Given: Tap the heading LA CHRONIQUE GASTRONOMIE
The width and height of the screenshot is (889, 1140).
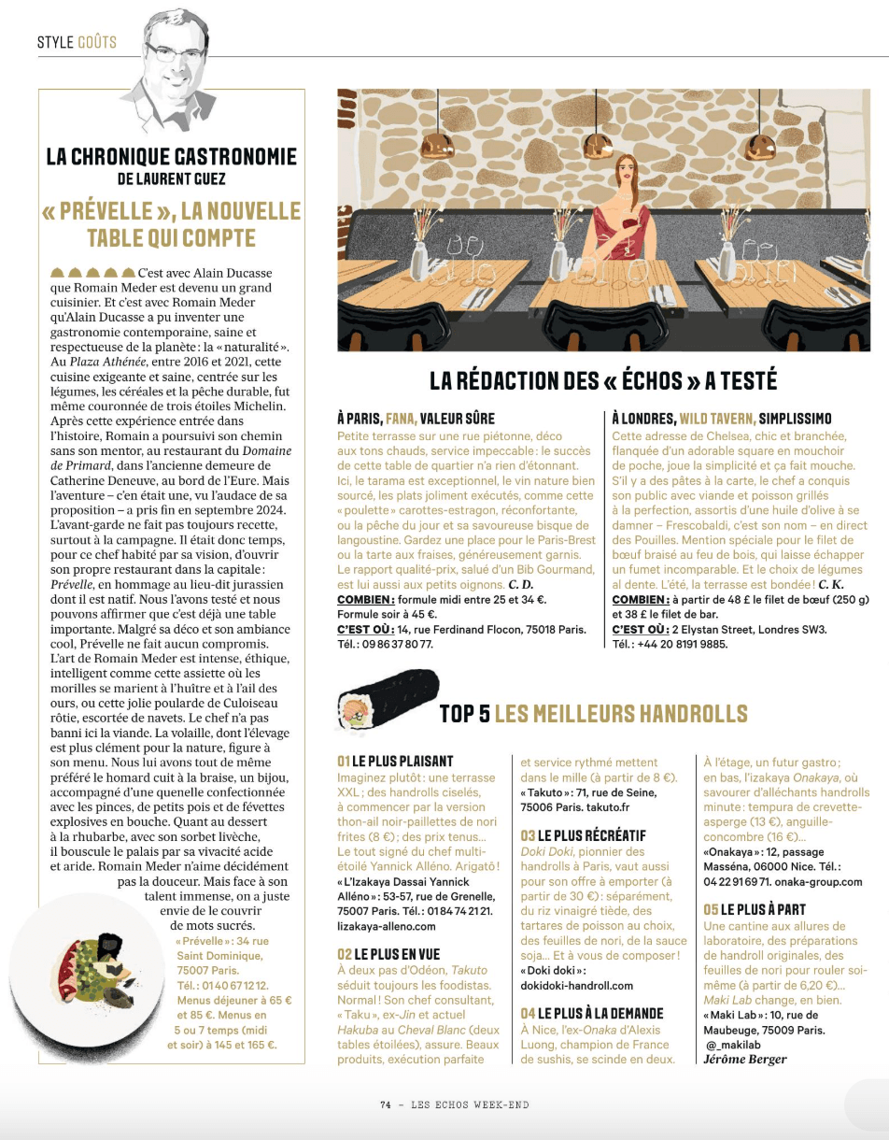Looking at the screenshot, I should click(172, 156).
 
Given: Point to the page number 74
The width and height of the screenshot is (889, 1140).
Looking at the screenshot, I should click(386, 1104).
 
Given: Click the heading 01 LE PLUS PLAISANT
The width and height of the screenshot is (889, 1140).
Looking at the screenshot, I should click(395, 761).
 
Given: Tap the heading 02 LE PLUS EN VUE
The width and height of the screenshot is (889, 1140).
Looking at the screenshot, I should click(388, 954).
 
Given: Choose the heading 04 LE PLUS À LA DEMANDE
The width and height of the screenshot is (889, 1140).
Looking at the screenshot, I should click(592, 1013).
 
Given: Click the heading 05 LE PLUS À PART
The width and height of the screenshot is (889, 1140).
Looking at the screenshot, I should click(755, 909).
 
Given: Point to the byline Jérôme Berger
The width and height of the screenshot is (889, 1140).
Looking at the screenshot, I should click(745, 1059).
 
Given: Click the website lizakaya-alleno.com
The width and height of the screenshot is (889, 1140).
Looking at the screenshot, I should click(386, 926).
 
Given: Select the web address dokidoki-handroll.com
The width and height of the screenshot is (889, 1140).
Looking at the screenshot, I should click(576, 985).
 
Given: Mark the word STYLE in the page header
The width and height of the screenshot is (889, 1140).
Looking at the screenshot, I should click(55, 42).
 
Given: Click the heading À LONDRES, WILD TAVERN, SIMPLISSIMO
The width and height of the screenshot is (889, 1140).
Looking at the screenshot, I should click(721, 418).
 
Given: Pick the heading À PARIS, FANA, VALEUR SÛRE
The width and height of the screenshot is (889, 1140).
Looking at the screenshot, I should click(416, 418).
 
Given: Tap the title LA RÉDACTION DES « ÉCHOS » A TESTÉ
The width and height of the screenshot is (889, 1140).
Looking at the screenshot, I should click(603, 380).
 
